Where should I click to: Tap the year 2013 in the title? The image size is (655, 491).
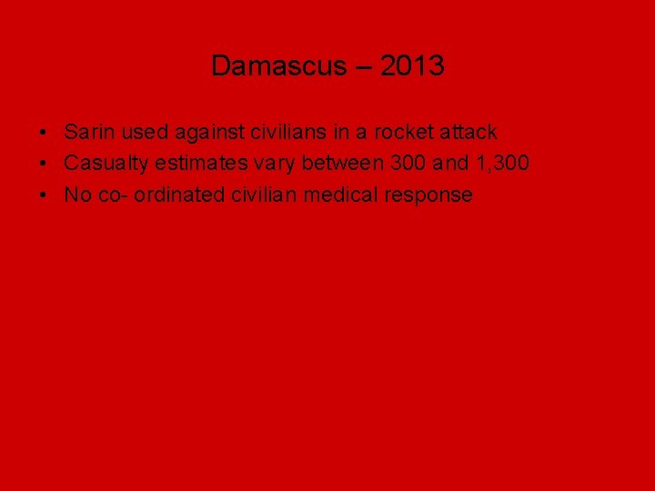coord(412,66)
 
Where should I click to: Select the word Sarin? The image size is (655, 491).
coord(89,133)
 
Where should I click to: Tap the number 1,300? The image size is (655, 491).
coord(503,164)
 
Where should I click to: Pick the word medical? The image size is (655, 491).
coord(329,195)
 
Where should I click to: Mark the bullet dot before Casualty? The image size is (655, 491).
coord(44,165)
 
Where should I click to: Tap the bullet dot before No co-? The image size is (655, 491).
coord(44,195)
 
